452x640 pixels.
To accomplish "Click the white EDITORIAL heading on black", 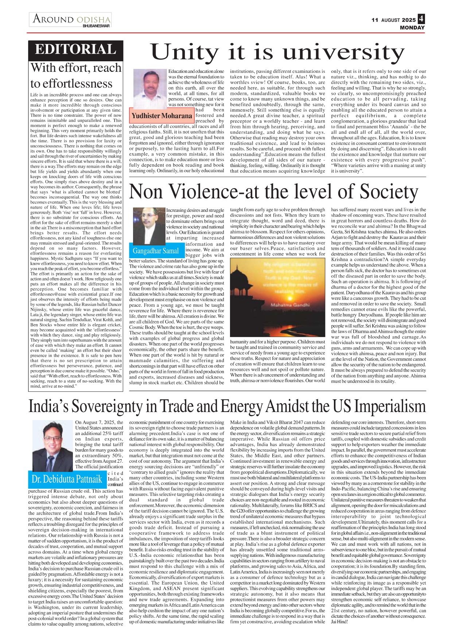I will (x=75, y=50).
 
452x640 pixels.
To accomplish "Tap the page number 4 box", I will (x=421, y=19).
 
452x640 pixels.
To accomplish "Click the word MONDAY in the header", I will (x=412, y=28).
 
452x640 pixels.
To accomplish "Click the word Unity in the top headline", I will (x=184, y=52).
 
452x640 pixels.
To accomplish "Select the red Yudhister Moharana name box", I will (x=161, y=116).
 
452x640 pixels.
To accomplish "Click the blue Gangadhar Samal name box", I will (x=156, y=251).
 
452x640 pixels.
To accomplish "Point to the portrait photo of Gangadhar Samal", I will (x=149, y=225).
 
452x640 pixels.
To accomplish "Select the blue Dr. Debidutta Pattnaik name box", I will (x=67, y=479).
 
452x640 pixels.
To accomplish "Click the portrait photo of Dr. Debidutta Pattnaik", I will (x=52, y=445).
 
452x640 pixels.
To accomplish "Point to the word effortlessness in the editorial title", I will (x=71, y=84).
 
